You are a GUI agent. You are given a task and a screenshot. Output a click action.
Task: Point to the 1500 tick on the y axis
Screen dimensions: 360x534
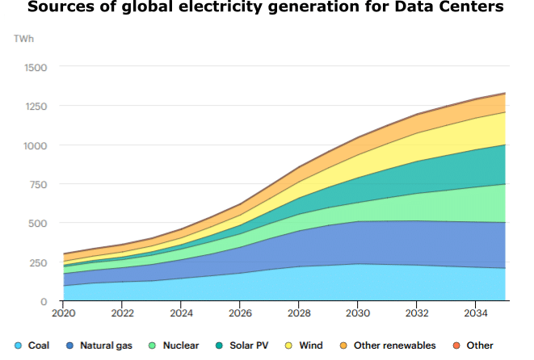click(x=35, y=67)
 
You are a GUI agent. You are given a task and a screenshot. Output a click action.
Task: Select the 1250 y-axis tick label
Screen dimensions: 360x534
click(x=35, y=106)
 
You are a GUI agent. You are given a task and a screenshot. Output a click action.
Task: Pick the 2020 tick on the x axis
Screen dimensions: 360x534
click(x=63, y=312)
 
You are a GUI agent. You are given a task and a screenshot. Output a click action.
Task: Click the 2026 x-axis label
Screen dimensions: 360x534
click(x=240, y=312)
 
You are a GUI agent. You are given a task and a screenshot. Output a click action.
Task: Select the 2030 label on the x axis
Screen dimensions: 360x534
click(x=358, y=312)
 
